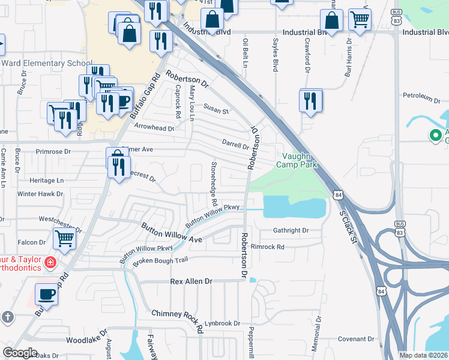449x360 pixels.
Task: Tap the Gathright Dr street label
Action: point(291,230)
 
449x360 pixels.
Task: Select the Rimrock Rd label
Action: point(267,247)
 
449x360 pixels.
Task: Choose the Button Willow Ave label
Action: point(171,233)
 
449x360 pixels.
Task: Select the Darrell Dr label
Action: point(235,144)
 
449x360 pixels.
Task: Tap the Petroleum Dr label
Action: point(422,96)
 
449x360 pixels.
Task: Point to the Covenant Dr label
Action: point(356,339)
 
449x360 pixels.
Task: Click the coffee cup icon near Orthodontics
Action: point(46,294)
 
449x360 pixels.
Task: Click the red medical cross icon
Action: point(50,262)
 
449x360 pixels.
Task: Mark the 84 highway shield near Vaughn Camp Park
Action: point(339,195)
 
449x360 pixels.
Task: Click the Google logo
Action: point(20,352)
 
